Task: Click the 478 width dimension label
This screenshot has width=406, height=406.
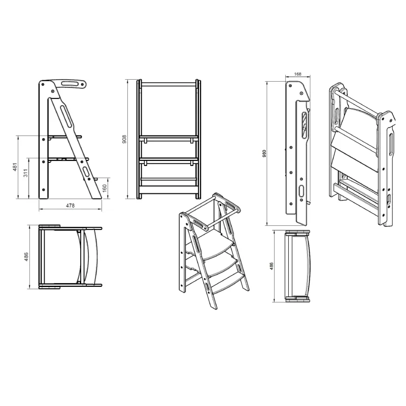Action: click(70, 206)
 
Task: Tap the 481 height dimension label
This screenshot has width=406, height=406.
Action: click(15, 167)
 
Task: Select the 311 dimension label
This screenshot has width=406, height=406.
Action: click(25, 173)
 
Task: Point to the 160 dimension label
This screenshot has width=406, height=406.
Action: click(105, 188)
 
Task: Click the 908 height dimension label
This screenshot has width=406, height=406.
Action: click(124, 139)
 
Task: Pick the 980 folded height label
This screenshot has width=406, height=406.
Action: click(264, 154)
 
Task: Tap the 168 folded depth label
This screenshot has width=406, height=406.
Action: click(298, 74)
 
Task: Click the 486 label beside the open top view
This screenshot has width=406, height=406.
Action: click(26, 257)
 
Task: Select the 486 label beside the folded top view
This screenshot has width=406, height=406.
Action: click(271, 266)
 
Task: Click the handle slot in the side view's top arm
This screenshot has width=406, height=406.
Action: click(70, 84)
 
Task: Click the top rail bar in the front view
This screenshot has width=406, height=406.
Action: click(168, 84)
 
